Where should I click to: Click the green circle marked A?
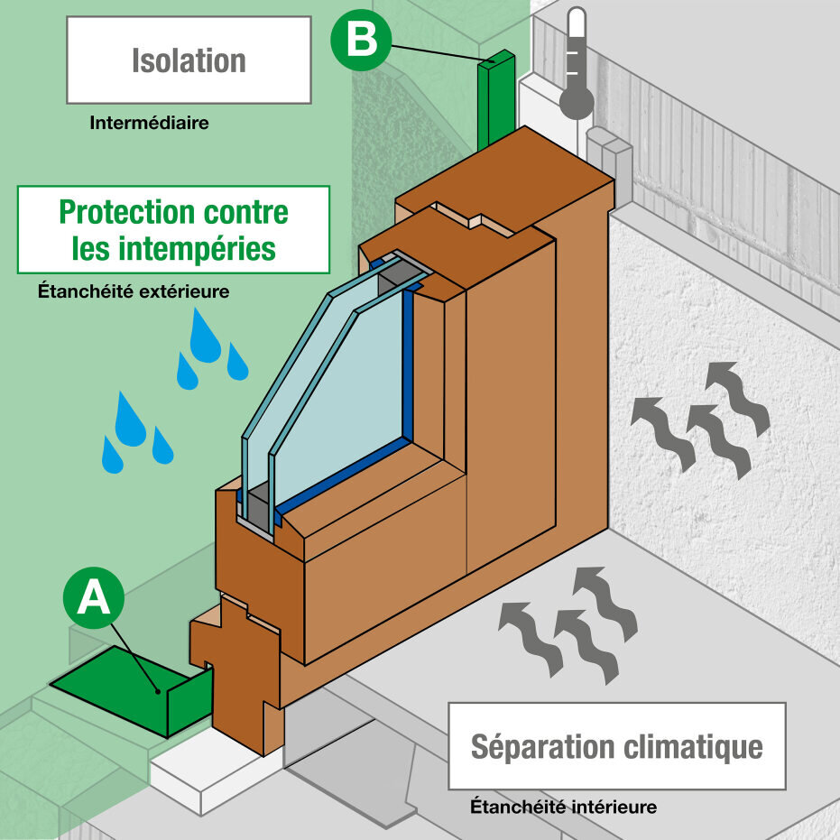94,598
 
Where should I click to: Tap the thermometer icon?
576,63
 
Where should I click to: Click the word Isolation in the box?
189,60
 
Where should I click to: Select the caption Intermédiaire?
149,123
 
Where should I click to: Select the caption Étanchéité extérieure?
134,291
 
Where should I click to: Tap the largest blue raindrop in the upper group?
206,337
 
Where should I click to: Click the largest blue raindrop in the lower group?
130,420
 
